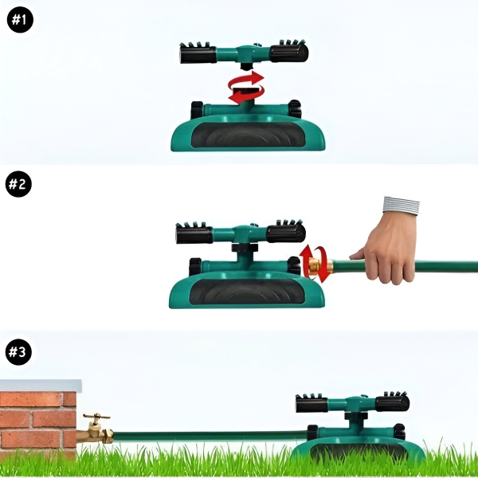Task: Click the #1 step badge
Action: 20,19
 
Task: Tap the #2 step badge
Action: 18,184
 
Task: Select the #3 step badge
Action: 18,352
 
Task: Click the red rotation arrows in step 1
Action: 246,87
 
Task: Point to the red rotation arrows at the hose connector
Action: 315,264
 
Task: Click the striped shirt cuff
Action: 401,206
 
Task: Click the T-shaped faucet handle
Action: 96,417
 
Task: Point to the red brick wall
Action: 37,422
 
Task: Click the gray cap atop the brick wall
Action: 41,386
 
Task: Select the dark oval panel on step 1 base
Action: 248,135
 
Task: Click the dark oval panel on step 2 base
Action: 247,292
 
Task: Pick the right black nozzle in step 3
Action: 392,402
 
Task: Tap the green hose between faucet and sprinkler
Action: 210,437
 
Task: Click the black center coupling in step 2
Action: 245,247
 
